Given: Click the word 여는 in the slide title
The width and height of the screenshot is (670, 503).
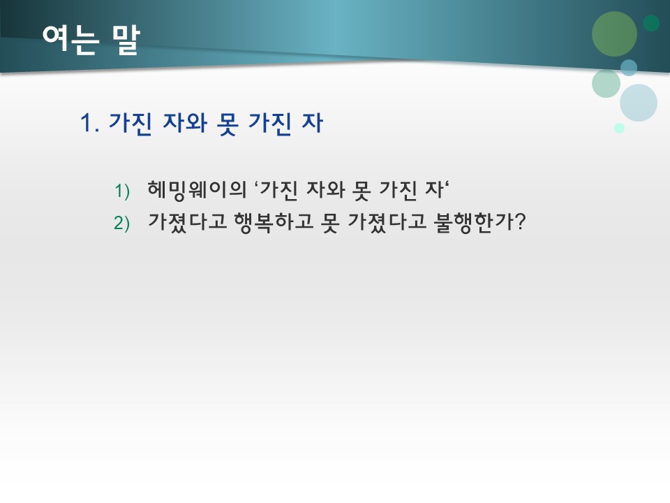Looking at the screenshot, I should [70, 40].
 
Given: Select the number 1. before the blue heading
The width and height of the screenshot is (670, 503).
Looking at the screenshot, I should [91, 124].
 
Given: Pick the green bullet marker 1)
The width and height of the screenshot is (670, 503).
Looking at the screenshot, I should [122, 191].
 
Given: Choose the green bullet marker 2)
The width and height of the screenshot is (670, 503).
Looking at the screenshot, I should [122, 223].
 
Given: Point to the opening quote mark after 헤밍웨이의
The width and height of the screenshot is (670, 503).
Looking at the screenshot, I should [257, 185].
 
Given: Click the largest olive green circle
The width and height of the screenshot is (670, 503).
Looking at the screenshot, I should [614, 34].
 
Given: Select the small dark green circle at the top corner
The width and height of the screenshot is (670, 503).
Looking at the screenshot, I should [651, 23].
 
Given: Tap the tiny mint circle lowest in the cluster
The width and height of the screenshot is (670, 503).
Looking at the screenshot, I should [619, 128].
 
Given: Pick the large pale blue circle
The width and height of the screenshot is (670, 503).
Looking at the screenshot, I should [639, 103].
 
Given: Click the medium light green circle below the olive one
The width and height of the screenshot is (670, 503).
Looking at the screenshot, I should [606, 83].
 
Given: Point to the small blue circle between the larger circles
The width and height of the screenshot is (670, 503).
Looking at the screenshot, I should [629, 68].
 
